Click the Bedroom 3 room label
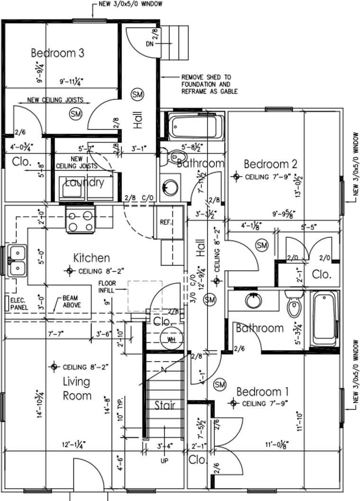click(x=58, y=53)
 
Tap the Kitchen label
click(x=91, y=258)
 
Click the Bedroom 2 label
click(x=270, y=164)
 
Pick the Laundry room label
click(x=84, y=182)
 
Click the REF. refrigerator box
click(x=165, y=222)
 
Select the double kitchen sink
click(x=17, y=261)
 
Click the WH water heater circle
click(x=169, y=340)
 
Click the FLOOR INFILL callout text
click(x=107, y=287)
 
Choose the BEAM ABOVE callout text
click(x=71, y=302)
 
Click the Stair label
click(x=165, y=405)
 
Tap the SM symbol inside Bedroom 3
click(x=75, y=114)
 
